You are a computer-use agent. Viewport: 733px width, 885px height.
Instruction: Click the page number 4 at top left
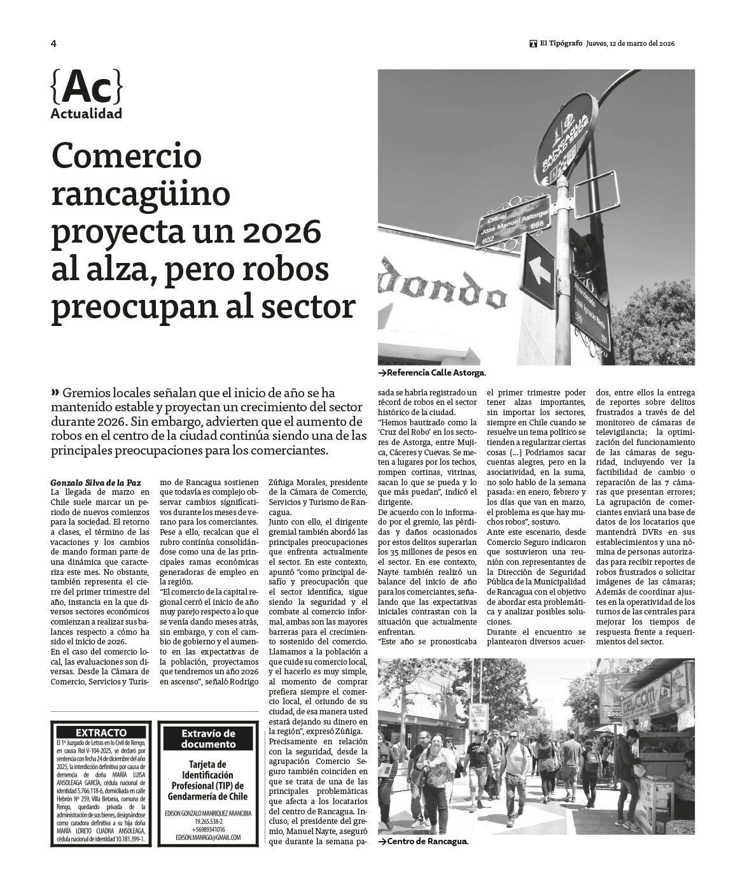[53, 44]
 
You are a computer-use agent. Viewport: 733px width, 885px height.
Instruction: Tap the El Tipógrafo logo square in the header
[533, 44]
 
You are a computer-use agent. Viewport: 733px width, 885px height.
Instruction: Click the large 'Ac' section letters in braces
[86, 87]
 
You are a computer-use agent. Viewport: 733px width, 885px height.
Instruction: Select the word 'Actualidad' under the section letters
[86, 115]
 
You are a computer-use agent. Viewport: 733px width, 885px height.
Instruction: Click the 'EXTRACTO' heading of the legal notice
[101, 733]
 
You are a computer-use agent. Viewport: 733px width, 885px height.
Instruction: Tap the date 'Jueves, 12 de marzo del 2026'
[630, 44]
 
